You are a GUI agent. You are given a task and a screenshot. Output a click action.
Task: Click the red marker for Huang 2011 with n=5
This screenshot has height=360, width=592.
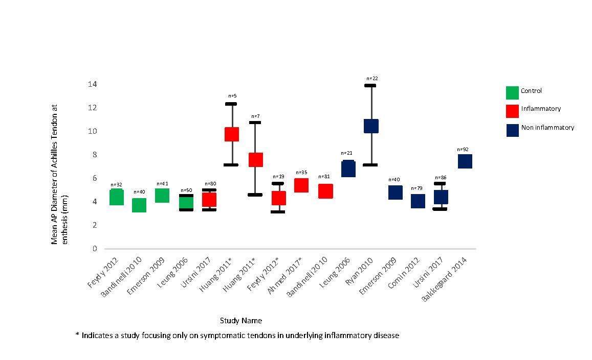point(232,134)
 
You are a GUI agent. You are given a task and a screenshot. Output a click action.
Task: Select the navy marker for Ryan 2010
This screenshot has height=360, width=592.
point(371,126)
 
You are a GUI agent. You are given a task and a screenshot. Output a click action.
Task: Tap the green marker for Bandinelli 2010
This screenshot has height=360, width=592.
point(139,205)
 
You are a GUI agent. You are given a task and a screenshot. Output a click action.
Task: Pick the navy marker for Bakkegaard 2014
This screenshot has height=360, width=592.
point(465,161)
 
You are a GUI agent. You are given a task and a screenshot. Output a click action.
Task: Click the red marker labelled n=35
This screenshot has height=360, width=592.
point(301,185)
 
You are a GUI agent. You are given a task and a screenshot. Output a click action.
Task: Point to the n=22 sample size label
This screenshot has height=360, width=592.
point(372,78)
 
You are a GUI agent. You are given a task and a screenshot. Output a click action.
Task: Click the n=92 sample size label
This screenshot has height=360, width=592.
point(465,149)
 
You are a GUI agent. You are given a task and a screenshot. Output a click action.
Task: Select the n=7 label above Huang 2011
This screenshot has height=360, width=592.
point(255,116)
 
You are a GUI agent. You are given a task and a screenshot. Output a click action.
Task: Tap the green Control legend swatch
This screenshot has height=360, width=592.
point(512,92)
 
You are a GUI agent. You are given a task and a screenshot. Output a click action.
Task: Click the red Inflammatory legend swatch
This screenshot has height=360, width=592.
point(512,110)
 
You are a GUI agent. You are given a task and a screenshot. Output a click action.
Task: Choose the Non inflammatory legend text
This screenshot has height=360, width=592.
point(547,128)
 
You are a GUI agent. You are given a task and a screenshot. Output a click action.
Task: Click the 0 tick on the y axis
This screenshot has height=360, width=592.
point(94,249)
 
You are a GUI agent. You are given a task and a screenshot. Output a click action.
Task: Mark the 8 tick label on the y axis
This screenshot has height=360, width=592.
point(94,155)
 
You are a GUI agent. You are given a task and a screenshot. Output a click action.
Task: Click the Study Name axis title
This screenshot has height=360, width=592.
point(241,321)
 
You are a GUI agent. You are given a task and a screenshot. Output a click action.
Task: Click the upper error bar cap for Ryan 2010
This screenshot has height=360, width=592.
point(371,85)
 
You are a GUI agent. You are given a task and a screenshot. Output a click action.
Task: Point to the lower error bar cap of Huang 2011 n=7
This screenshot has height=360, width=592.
point(255,195)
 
